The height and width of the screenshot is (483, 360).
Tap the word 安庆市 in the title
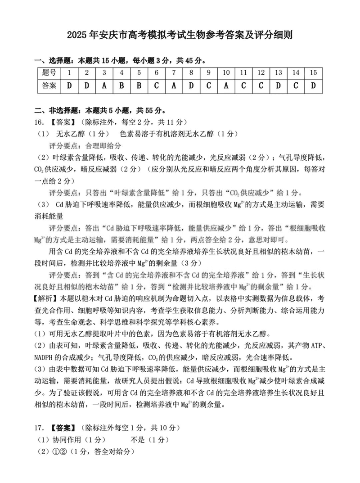tap(114, 35)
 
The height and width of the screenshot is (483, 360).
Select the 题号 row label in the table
tap(49, 73)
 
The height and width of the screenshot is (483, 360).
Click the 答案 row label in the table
tap(49, 86)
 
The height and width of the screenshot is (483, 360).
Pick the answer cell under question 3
tap(104, 86)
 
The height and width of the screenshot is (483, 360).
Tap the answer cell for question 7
tap(174, 86)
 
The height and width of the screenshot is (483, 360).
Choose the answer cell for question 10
tap(226, 86)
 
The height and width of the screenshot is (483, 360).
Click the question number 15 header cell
tap(313, 73)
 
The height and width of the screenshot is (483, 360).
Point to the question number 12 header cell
tap(261, 73)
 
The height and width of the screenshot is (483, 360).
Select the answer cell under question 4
tap(121, 86)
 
